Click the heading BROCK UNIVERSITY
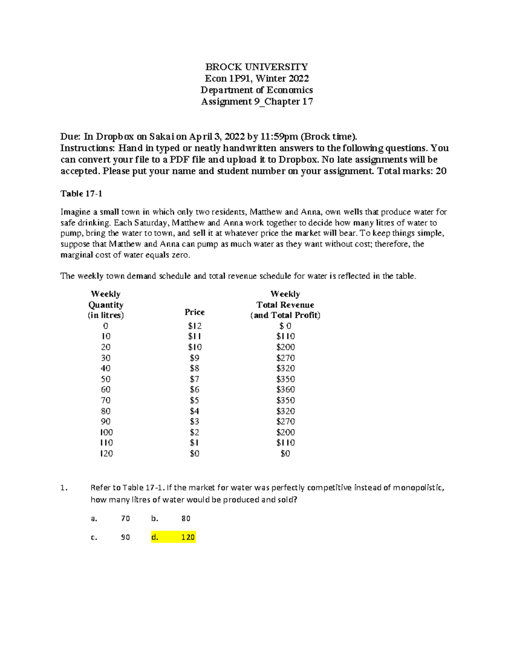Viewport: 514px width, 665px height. point(256,67)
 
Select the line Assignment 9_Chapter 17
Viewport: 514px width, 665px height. point(257,101)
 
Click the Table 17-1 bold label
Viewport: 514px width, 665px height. point(81,194)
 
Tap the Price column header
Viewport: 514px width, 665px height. point(194,312)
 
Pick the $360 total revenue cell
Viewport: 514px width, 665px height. point(285,390)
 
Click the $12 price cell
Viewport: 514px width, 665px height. point(194,326)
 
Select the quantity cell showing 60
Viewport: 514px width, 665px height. point(105,390)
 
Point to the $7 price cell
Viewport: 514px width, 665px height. point(194,379)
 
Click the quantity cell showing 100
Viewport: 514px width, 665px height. point(106,432)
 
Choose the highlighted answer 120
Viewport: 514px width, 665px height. point(188,537)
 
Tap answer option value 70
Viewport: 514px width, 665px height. point(125,519)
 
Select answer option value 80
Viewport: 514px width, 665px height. point(185,519)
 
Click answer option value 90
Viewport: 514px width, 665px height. point(125,537)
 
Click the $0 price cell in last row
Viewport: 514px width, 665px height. point(194,453)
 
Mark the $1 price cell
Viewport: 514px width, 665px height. point(194,443)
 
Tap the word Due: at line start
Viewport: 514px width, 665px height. point(70,137)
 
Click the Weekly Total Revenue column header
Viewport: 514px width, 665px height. point(285,305)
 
